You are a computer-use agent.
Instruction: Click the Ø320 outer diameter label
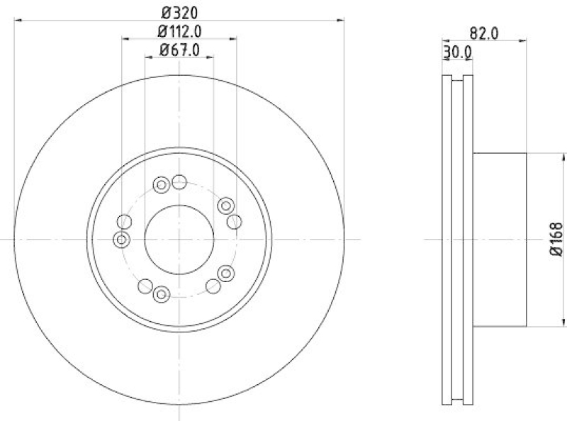coord(179,12)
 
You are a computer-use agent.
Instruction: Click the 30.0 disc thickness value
coord(458,51)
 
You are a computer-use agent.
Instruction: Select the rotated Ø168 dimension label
coord(555,239)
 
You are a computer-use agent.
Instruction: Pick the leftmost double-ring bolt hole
coord(122,240)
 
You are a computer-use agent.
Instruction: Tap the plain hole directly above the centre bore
coord(179,183)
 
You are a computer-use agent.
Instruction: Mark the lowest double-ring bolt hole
coord(161,293)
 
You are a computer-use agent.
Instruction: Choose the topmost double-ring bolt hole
coord(161,186)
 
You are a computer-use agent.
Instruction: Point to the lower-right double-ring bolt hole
coord(226,274)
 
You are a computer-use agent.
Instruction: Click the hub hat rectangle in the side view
coord(500,239)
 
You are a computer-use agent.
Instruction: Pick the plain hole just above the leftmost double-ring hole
coord(125,221)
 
